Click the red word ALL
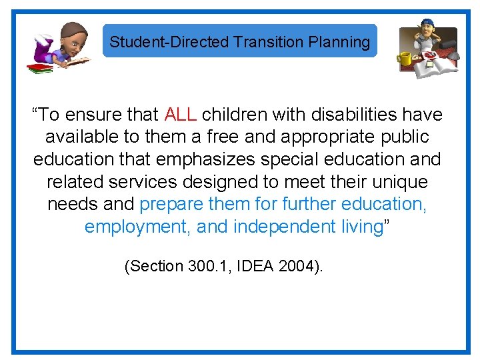(180, 115)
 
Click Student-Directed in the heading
(169, 42)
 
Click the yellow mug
(405, 59)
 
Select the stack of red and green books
(39, 67)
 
